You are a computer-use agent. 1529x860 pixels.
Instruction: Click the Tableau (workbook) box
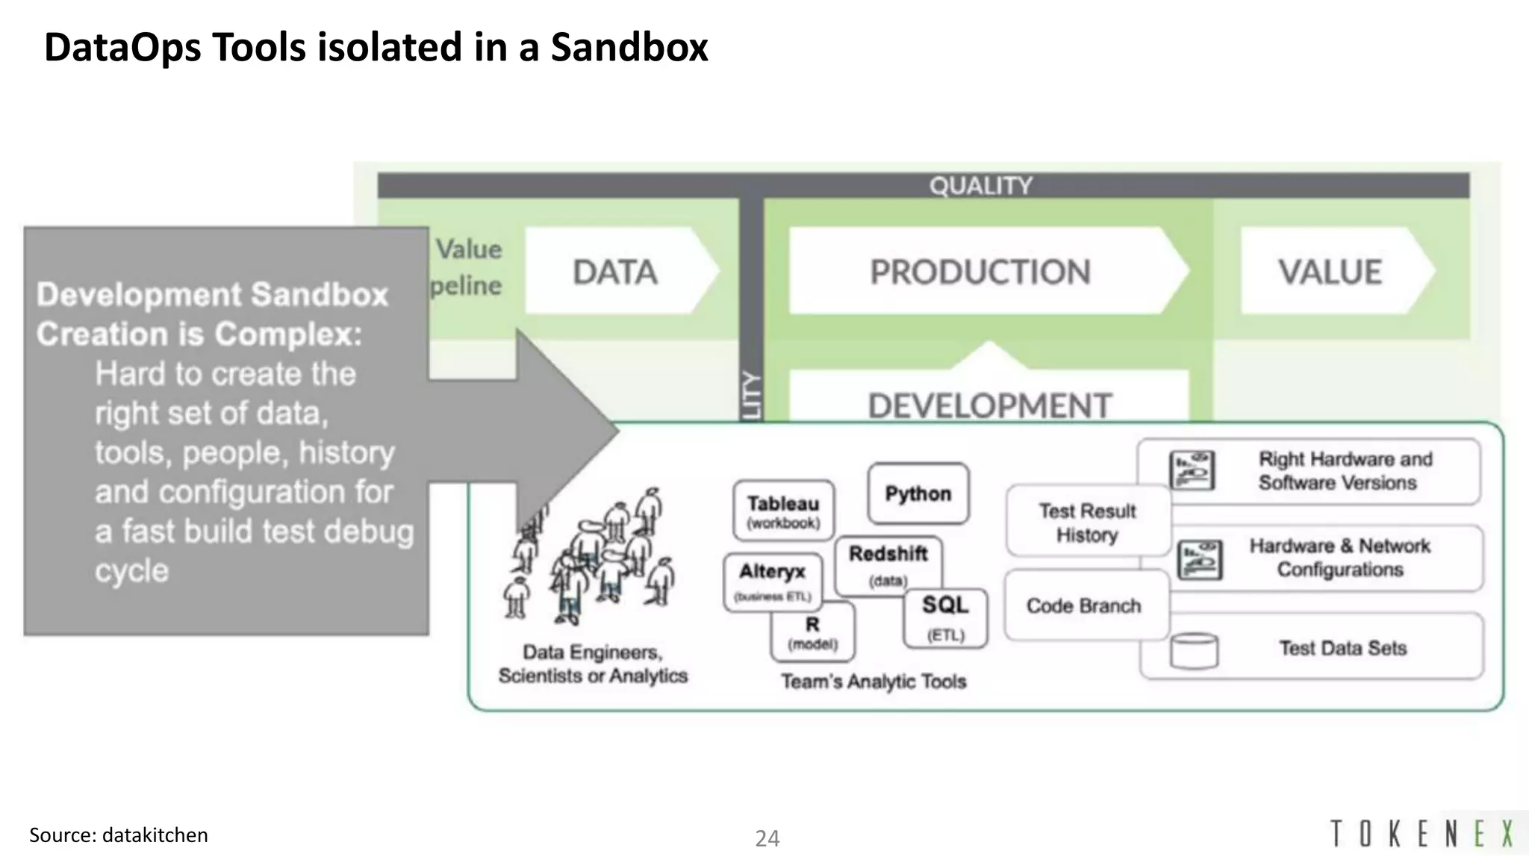point(783,511)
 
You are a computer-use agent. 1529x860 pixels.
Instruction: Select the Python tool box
point(918,493)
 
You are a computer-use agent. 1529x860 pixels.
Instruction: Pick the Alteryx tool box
point(772,580)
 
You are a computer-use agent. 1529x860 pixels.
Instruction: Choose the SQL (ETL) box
point(945,617)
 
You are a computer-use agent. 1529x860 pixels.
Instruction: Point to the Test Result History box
point(1087,522)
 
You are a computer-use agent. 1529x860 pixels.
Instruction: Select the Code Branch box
point(1083,605)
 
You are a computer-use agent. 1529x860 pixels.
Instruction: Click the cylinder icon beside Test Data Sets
point(1194,650)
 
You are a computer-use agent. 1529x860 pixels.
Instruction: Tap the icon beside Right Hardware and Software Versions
point(1192,470)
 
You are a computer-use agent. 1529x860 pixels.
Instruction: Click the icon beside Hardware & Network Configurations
point(1200,559)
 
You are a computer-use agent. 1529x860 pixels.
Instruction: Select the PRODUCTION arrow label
point(980,272)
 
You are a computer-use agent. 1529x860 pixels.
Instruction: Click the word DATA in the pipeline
point(615,272)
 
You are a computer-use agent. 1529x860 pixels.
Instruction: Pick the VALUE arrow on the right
point(1330,272)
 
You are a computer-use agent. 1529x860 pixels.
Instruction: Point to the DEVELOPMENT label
point(990,405)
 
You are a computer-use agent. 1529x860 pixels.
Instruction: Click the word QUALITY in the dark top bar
point(980,186)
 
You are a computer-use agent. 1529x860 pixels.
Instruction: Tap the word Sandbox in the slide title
point(629,47)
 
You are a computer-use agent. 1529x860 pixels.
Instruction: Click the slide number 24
point(767,838)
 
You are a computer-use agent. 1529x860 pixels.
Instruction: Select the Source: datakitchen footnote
point(119,835)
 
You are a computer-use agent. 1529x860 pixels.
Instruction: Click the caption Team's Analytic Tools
point(874,681)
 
